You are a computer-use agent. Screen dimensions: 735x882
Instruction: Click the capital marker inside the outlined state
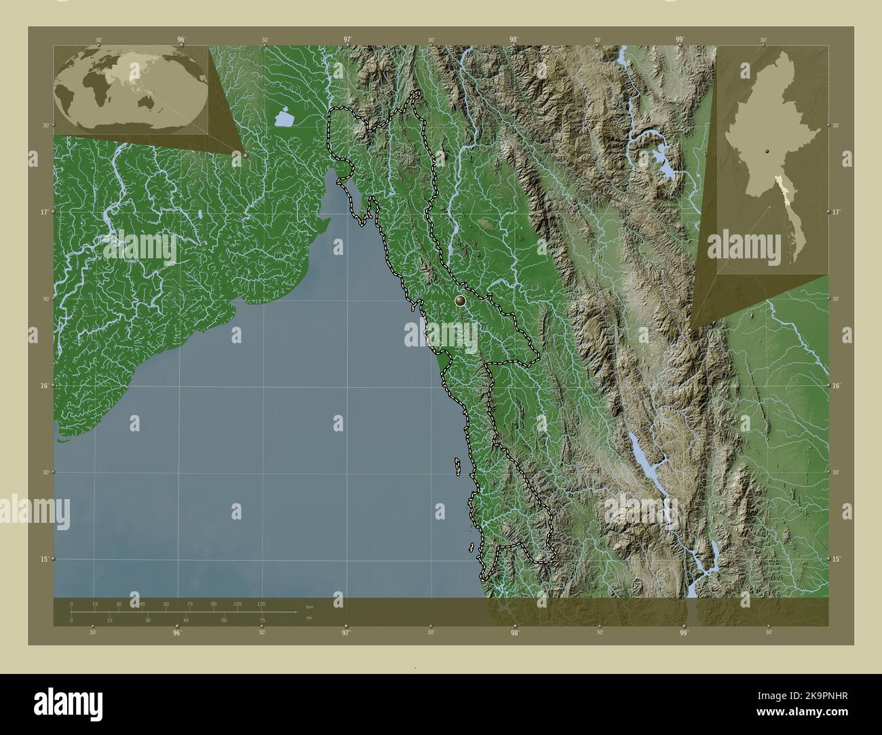click(460, 300)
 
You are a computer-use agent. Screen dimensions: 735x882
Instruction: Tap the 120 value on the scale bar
click(261, 603)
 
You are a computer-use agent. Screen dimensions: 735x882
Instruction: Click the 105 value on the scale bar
click(237, 603)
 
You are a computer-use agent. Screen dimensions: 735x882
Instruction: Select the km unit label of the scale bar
click(309, 606)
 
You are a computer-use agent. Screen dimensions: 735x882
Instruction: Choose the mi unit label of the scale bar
click(309, 618)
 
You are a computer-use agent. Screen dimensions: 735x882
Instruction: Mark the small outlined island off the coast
click(458, 466)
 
